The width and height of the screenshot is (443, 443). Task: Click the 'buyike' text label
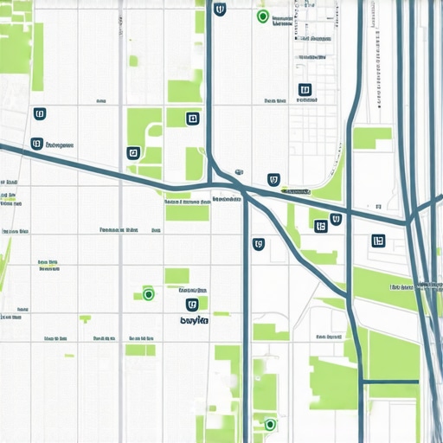(x=194, y=320)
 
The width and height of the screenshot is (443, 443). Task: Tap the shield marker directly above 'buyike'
(x=193, y=305)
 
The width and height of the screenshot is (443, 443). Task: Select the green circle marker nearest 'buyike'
(x=148, y=294)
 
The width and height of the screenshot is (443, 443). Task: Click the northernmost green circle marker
(x=262, y=16)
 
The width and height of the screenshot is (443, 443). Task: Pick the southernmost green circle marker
(x=269, y=424)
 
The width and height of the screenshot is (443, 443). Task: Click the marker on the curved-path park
(x=132, y=153)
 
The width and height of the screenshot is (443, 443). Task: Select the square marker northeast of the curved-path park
(x=193, y=119)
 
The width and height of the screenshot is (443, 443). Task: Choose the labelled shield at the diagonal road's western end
(x=35, y=144)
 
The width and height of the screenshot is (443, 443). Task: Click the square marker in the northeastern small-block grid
(x=304, y=89)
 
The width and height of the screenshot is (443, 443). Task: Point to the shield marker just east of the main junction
(x=274, y=180)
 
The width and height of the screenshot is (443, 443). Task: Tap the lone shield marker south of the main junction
(x=258, y=244)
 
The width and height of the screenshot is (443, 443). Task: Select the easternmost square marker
(x=377, y=241)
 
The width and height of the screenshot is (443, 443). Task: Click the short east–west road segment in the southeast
(x=388, y=381)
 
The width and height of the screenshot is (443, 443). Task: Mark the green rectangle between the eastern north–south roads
(x=372, y=138)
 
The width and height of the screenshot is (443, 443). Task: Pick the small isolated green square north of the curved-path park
(x=134, y=61)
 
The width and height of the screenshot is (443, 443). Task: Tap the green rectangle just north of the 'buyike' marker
(x=177, y=276)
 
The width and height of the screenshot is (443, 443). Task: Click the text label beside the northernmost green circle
(x=283, y=20)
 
